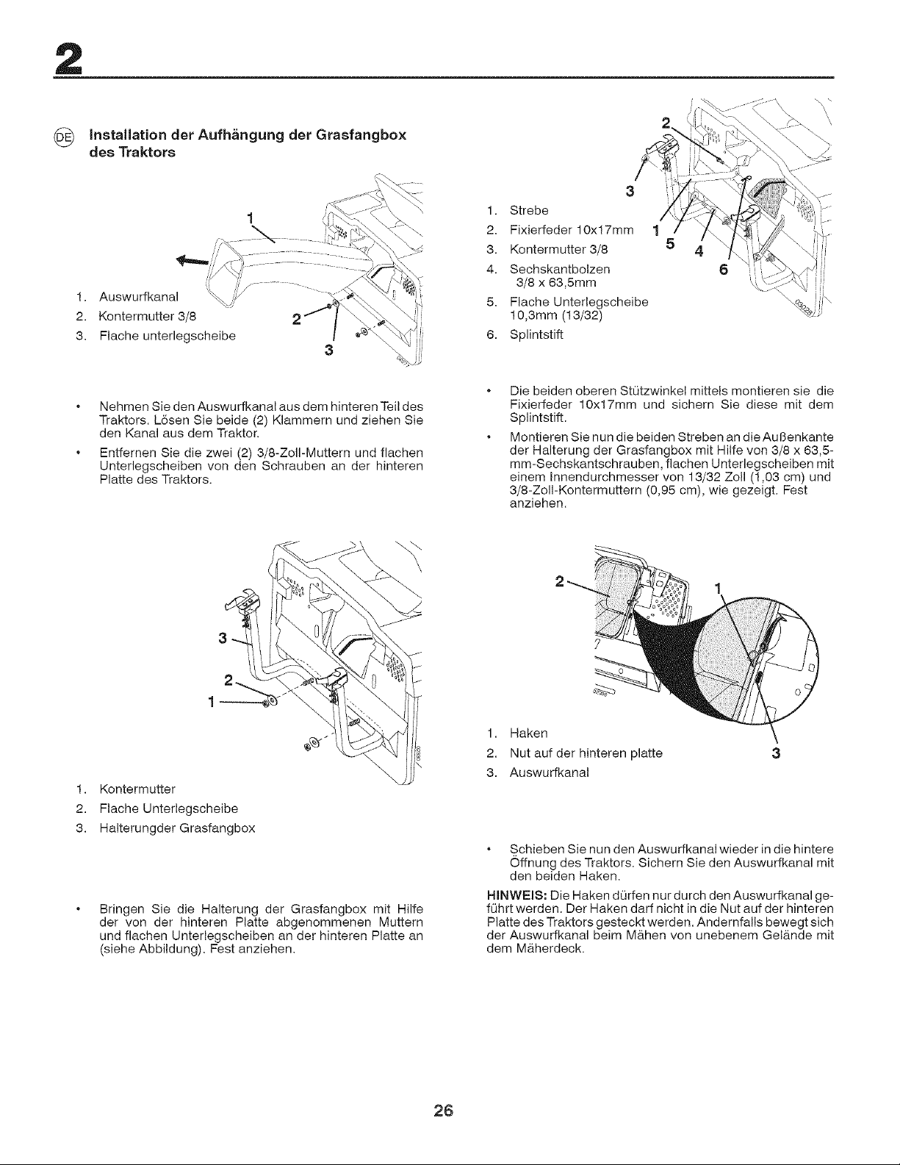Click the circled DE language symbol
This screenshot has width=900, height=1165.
tap(62, 137)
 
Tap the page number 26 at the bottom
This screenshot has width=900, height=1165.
tap(444, 1111)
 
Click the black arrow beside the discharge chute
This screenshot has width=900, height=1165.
tap(192, 261)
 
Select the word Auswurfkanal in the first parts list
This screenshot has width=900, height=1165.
tap(139, 296)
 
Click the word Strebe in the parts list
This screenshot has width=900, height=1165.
tap(529, 210)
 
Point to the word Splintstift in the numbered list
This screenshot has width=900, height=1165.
tap(536, 334)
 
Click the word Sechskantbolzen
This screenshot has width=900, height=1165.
tap(560, 268)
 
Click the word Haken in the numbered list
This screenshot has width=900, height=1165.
tap(529, 733)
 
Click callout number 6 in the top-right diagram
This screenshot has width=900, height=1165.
tap(724, 270)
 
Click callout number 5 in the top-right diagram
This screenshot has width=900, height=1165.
tap(670, 244)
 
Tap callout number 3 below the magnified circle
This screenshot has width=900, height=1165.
tap(776, 753)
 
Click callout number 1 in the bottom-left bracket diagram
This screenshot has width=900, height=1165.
tap(212, 702)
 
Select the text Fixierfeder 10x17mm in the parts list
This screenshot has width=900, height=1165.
tap(572, 230)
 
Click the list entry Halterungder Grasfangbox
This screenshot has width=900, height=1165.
tap(177, 828)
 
